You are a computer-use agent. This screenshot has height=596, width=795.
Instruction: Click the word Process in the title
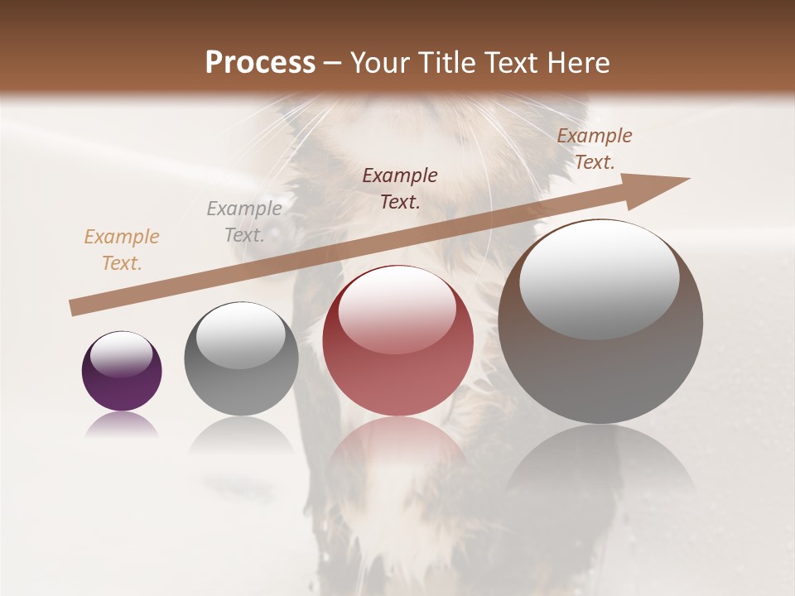click(x=260, y=63)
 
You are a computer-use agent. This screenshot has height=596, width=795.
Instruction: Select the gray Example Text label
click(x=244, y=222)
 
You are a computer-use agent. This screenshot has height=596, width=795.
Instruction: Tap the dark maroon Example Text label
click(x=400, y=188)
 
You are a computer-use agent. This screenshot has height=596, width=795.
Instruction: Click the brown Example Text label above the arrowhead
click(x=595, y=149)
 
